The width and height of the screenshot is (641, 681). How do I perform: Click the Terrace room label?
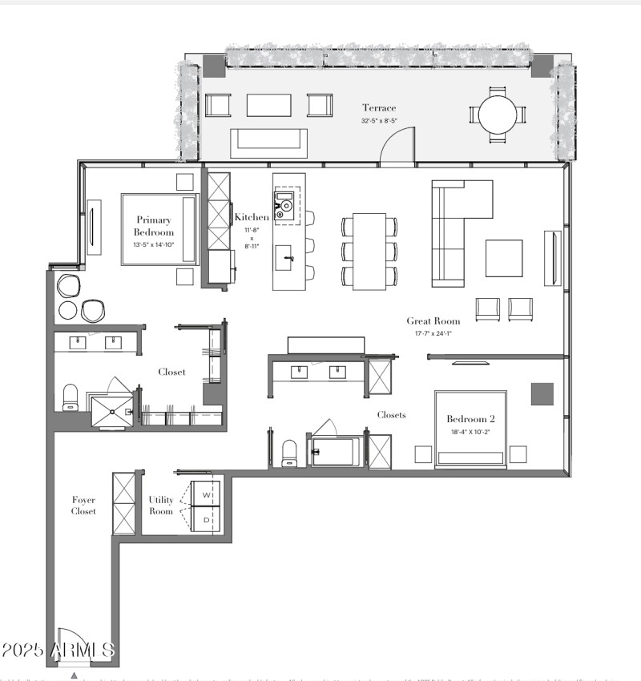pyautogui.click(x=379, y=108)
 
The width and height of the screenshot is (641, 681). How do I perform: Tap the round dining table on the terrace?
pyautogui.click(x=498, y=115)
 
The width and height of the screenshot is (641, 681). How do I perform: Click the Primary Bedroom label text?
pyautogui.click(x=154, y=226)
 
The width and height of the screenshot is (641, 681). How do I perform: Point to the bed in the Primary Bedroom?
pyautogui.click(x=159, y=229)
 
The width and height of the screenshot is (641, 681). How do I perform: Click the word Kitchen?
pyautogui.click(x=252, y=217)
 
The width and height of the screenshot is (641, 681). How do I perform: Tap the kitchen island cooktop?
pyautogui.click(x=284, y=205)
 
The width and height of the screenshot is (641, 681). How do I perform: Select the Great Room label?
pyautogui.click(x=433, y=321)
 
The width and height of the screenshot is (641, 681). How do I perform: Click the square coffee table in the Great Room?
pyautogui.click(x=504, y=258)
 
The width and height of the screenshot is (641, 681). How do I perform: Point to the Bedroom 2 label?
pyautogui.click(x=471, y=418)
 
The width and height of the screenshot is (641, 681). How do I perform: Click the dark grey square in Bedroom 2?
pyautogui.click(x=542, y=394)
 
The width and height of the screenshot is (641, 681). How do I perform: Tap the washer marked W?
pyautogui.click(x=206, y=494)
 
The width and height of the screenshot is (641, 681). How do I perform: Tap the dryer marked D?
pyautogui.click(x=206, y=519)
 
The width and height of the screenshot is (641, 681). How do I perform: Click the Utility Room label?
pyautogui.click(x=161, y=506)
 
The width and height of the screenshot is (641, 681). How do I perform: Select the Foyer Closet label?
pyautogui.click(x=83, y=506)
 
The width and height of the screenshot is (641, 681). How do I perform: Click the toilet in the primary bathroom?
pyautogui.click(x=71, y=397)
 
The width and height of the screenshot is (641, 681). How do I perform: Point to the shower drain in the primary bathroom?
pyautogui.click(x=112, y=411)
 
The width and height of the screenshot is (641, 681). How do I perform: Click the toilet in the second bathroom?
pyautogui.click(x=289, y=453)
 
